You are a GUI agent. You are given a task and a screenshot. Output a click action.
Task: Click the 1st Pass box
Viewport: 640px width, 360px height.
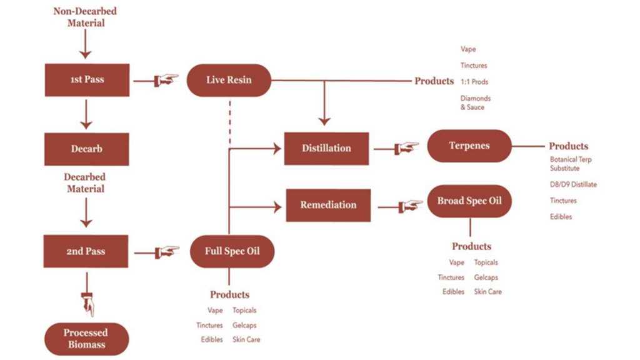87,79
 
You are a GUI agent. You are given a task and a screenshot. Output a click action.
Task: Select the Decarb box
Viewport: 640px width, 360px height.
87,149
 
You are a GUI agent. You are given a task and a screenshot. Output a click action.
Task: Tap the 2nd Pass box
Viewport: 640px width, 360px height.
87,251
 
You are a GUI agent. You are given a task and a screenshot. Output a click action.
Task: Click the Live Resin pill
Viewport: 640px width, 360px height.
229,80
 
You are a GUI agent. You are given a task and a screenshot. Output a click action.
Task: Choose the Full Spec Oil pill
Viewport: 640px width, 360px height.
232,251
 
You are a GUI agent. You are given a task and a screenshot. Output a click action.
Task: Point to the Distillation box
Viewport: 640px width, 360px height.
326,148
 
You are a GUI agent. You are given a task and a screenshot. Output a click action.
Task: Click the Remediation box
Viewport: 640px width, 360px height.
328,204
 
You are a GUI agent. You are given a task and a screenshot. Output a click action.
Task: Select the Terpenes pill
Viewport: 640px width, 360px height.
469,146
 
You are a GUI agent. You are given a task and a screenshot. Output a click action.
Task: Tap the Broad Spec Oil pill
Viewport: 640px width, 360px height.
469,201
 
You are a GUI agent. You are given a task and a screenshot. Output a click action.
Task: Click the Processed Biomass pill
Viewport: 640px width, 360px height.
86,338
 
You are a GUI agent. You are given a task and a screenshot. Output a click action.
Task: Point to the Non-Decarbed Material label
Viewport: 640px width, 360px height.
86,17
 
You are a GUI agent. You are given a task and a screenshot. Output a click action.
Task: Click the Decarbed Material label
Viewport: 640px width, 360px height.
86,182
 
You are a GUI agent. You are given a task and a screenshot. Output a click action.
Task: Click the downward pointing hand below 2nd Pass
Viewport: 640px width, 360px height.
87,304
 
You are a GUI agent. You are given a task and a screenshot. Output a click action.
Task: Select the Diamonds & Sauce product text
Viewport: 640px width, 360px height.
476,102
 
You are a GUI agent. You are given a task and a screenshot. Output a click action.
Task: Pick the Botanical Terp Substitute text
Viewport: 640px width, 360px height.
571,164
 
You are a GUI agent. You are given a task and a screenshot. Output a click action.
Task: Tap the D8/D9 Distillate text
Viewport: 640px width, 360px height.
573,184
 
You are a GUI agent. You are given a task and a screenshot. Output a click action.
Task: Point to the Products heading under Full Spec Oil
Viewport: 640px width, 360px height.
229,294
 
